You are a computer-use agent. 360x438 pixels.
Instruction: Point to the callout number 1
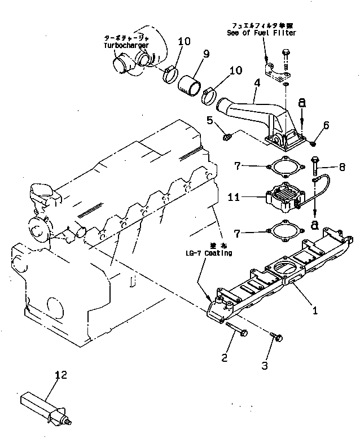click(x=315, y=309)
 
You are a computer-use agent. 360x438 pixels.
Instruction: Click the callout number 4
click(x=257, y=84)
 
